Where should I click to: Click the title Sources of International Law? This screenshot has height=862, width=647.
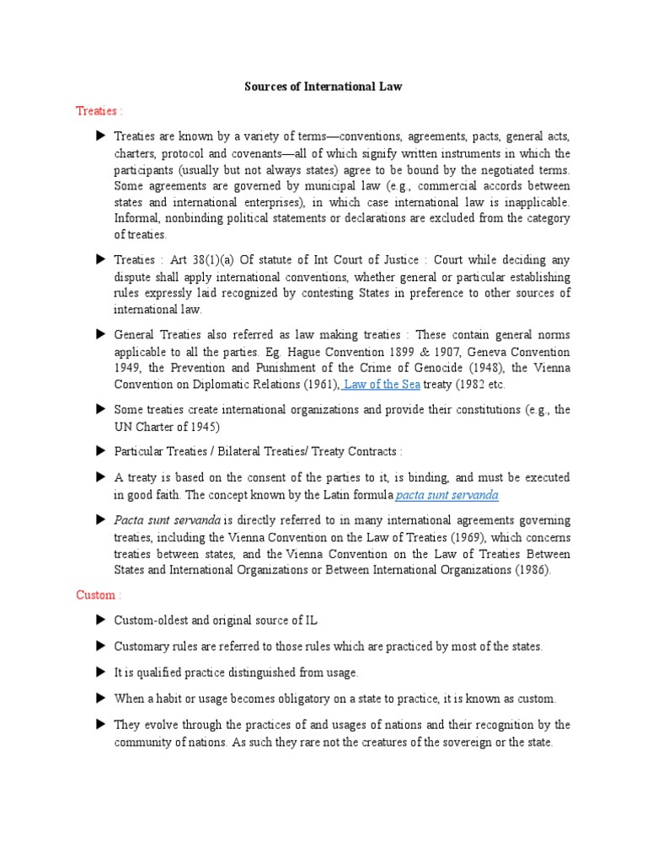323,86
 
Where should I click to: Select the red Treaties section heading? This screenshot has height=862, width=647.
99,111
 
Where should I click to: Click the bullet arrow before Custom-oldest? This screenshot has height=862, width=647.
100,620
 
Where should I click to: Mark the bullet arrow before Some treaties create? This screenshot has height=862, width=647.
100,409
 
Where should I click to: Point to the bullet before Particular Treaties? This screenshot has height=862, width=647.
100,451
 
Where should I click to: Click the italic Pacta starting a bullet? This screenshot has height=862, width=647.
131,520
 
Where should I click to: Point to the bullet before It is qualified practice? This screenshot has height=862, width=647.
100,673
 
